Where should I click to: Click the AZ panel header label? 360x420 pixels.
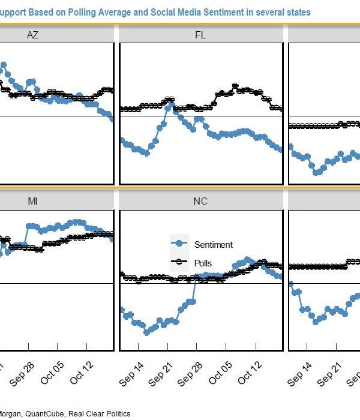[32, 35]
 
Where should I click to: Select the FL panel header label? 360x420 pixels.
[200, 35]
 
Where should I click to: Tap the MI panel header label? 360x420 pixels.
[32, 201]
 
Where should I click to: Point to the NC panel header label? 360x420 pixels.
[200, 201]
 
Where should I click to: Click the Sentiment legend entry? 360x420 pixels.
[213, 244]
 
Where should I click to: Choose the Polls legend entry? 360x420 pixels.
[203, 263]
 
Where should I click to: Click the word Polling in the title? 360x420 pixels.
[67, 11]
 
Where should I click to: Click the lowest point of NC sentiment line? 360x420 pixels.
[146, 332]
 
